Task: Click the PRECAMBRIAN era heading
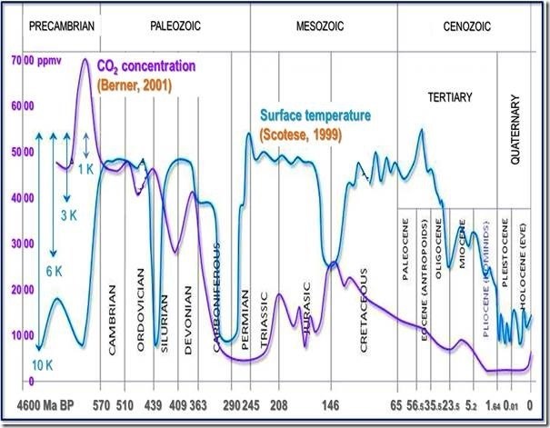point(62,26)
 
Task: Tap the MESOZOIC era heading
point(321,26)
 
